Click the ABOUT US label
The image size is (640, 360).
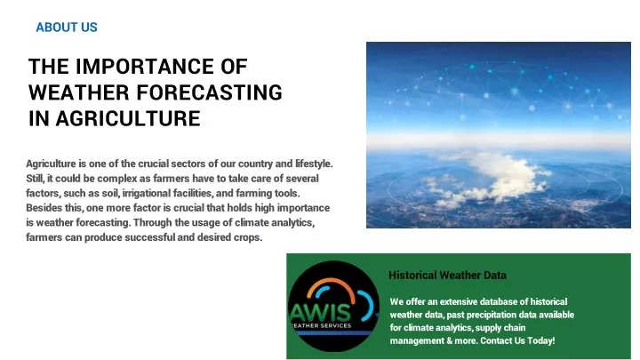[x=67, y=28]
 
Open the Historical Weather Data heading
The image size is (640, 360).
[x=447, y=275]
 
